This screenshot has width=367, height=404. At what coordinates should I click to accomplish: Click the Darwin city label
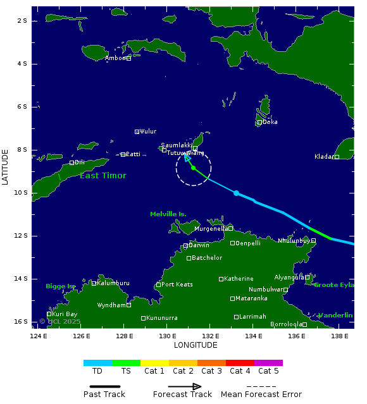199,245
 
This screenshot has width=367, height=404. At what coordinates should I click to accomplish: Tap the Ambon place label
116,58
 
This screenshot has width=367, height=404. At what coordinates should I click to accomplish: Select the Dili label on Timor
80,162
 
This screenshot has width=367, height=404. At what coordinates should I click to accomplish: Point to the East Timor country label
103,176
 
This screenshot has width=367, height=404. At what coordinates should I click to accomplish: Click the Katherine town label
239,279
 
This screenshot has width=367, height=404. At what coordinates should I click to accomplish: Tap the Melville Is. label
168,214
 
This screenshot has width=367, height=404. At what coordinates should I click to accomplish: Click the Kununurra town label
161,318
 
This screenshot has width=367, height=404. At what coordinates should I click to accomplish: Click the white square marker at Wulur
137,132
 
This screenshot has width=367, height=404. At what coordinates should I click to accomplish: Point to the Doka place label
270,122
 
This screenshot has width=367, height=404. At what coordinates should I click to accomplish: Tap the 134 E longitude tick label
253,336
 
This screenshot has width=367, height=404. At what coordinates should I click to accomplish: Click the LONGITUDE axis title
196,345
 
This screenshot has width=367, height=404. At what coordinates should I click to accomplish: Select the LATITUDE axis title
6,167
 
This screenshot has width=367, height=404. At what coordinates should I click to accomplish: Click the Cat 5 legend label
268,371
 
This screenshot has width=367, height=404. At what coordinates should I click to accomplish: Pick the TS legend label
126,371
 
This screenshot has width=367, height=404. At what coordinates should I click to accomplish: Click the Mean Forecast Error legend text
261,395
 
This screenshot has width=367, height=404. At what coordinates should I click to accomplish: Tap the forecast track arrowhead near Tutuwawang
187,158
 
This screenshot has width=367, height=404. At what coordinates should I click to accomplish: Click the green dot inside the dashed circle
193,168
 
